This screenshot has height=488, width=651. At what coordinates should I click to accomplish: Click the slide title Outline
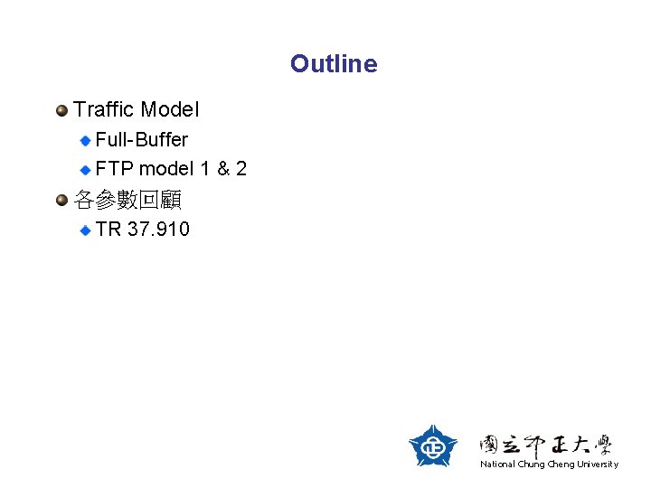click(334, 64)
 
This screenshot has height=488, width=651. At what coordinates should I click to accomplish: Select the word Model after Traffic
click(170, 110)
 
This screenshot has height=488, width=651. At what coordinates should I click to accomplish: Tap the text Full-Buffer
click(142, 140)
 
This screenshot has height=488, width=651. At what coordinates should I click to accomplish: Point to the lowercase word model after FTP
click(165, 169)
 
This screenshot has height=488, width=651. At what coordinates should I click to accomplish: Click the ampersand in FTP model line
click(222, 169)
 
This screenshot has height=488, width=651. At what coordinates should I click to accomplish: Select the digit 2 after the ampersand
click(241, 169)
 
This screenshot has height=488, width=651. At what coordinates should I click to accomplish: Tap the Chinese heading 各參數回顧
click(127, 199)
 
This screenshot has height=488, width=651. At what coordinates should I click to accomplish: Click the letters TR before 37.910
click(108, 230)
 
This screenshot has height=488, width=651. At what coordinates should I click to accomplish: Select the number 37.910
click(159, 230)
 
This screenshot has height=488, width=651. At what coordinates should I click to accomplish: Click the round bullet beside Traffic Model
click(61, 110)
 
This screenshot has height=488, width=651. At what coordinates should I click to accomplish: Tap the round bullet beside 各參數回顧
click(61, 199)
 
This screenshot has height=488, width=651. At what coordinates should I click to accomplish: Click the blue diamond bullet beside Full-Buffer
click(85, 140)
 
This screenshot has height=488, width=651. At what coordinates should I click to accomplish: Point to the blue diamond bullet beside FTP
click(85, 169)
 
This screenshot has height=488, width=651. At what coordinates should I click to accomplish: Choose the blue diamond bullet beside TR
click(85, 230)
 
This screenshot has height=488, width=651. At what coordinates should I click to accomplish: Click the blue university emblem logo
click(433, 446)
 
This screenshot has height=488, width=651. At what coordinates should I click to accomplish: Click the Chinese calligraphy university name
click(546, 444)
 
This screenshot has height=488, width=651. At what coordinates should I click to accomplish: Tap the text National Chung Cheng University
click(550, 465)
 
